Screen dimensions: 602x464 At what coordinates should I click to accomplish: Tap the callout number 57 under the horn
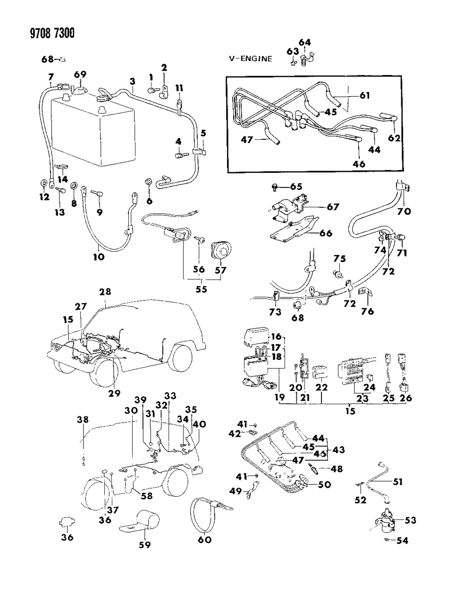point(220,270)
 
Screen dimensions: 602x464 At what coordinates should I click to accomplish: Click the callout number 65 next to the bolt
point(295,187)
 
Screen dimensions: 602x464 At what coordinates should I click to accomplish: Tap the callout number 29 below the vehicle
point(115,393)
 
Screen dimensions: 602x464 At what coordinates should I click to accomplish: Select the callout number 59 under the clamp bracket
point(144,544)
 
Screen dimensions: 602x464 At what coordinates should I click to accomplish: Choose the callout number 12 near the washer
point(44,197)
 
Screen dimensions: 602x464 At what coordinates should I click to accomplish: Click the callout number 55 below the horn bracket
point(202,289)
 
